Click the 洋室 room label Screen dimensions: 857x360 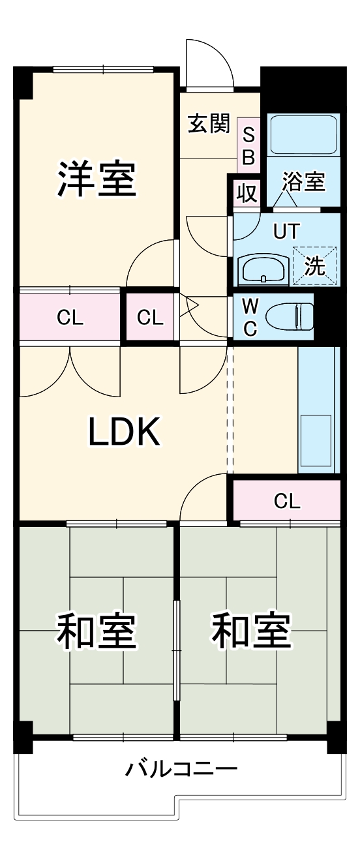pyautogui.click(x=97, y=179)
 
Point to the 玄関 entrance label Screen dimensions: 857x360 pyautogui.click(x=209, y=123)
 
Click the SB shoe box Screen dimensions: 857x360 pyautogui.click(x=248, y=146)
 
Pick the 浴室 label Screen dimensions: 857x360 pyautogui.click(x=303, y=183)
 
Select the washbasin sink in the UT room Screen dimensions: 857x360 pyautogui.click(x=263, y=269)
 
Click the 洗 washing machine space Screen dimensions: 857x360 pyautogui.click(x=314, y=266)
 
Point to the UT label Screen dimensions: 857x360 pyautogui.click(x=286, y=232)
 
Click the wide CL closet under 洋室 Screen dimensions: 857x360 pyautogui.click(x=70, y=318)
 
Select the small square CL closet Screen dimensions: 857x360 pyautogui.click(x=151, y=318)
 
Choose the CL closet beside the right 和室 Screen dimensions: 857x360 pyautogui.click(x=286, y=501)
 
